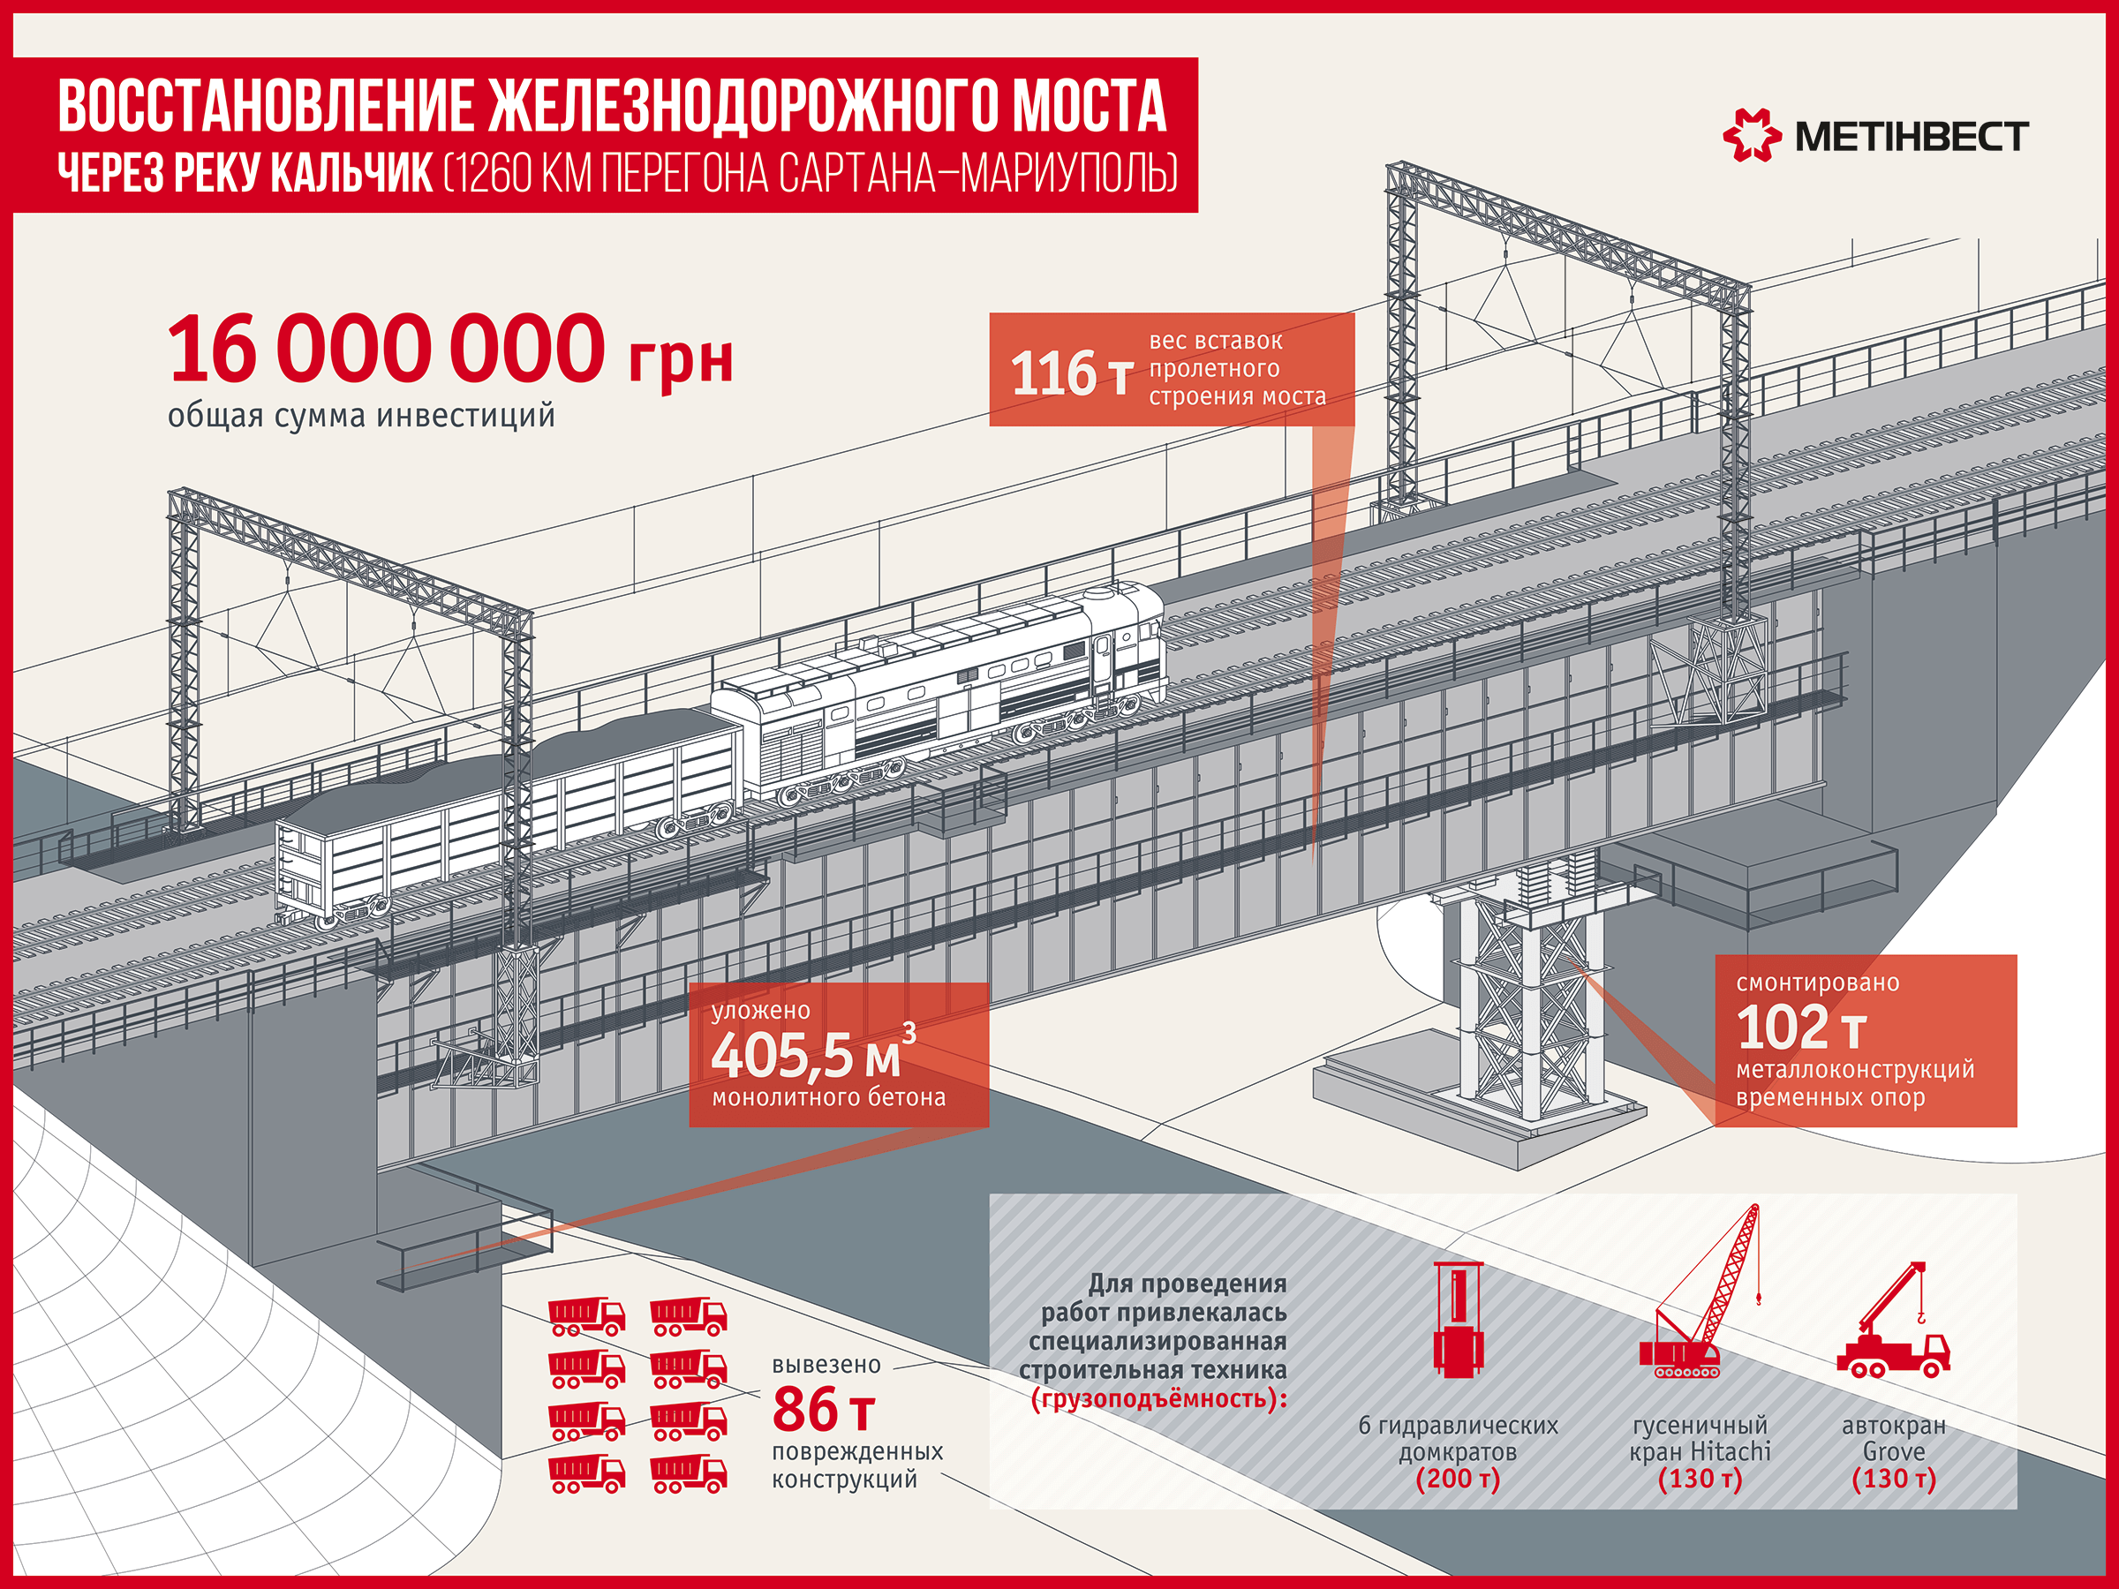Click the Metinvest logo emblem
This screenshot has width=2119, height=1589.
click(1752, 135)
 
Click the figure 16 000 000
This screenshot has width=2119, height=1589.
click(386, 349)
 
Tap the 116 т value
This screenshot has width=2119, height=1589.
click(1072, 373)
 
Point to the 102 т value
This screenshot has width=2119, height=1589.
click(1802, 1027)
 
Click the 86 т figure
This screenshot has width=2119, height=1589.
click(824, 1409)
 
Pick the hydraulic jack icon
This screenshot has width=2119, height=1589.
click(1458, 1320)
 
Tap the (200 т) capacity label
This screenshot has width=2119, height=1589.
click(1458, 1479)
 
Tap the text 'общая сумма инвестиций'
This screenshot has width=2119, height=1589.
click(361, 416)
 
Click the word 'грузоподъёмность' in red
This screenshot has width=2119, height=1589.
click(1153, 1399)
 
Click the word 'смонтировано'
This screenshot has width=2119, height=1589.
click(1817, 983)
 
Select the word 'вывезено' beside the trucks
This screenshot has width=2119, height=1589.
click(826, 1365)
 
